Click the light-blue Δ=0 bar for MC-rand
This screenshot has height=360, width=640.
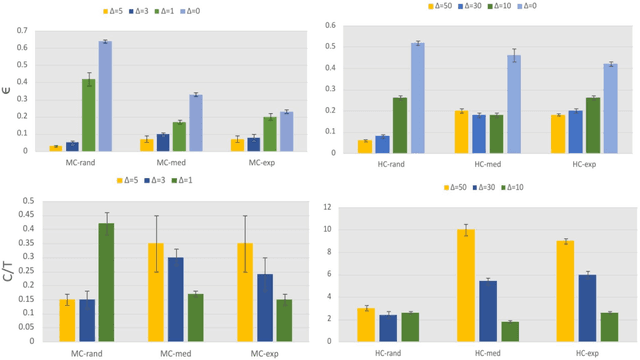click(104, 96)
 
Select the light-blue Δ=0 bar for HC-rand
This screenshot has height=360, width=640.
click(417, 98)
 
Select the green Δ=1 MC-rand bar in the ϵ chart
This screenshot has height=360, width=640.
click(89, 114)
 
